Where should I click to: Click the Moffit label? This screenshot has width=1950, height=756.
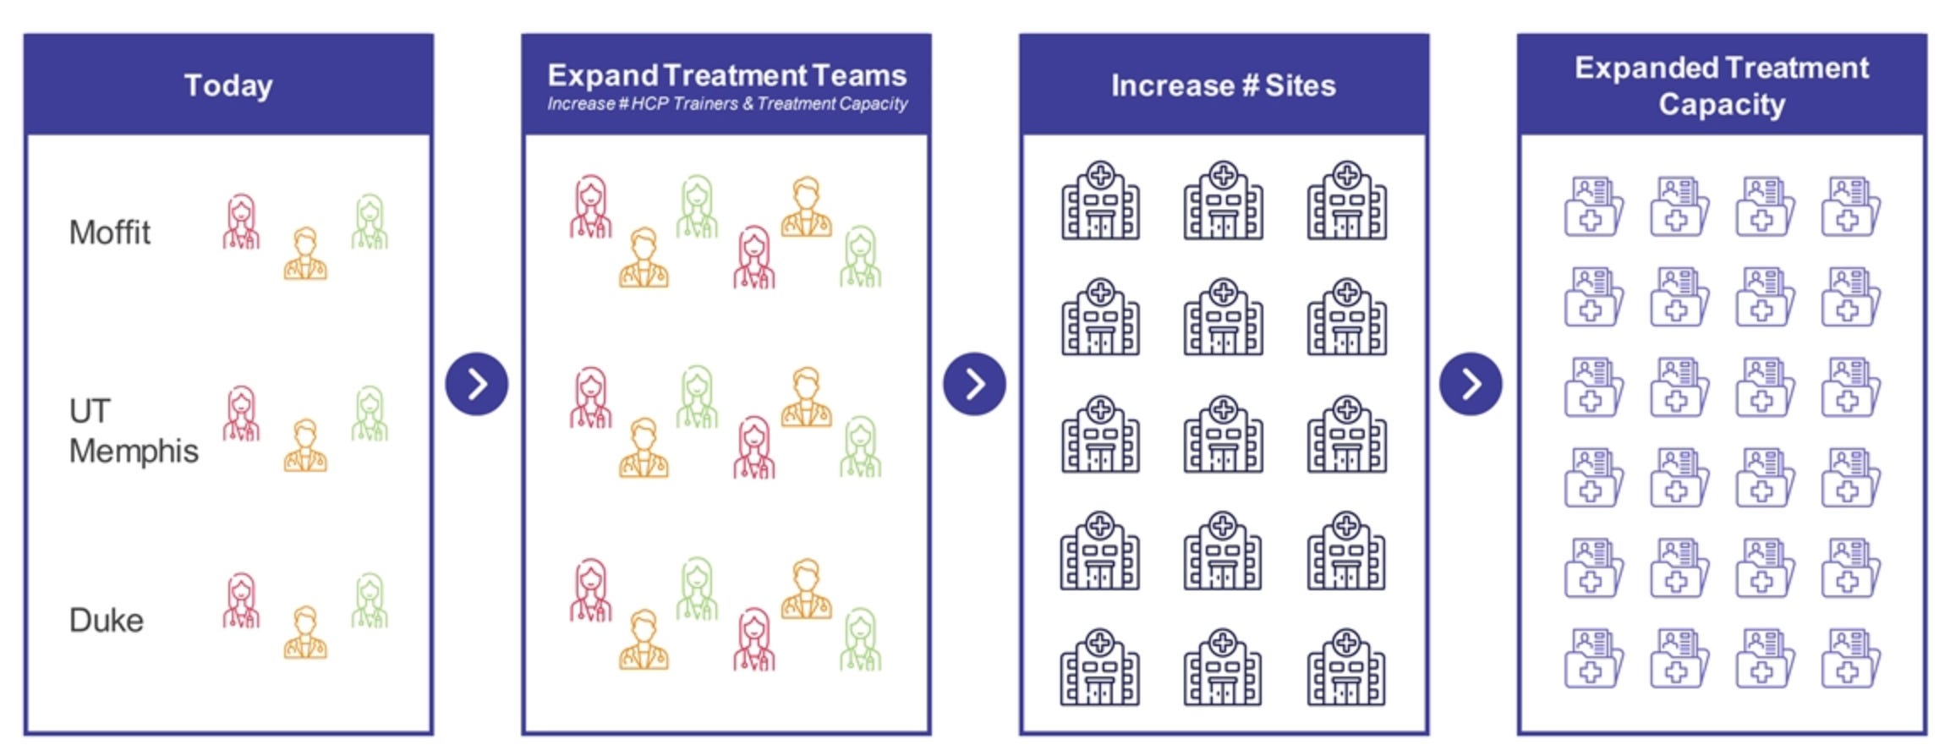coord(110,233)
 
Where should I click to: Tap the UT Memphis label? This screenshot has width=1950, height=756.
coord(133,431)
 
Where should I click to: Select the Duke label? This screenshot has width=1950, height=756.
coord(107,621)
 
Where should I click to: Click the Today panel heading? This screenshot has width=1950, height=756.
coord(228,85)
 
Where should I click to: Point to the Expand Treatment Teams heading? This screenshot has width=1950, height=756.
coord(726,75)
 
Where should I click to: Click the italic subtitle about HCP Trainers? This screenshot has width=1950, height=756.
coord(726,104)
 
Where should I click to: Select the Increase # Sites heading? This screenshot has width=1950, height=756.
coord(1223,85)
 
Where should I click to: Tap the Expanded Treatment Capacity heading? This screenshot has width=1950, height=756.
coord(1721,85)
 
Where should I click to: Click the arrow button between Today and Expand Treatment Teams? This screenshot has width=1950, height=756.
coord(477,384)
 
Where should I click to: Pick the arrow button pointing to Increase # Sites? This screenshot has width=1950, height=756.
coord(974,384)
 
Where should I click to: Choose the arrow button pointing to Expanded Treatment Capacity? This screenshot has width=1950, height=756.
coord(1471,384)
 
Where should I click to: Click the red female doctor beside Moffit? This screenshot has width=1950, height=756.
coord(242,222)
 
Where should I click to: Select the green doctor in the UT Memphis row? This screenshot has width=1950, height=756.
coord(370,414)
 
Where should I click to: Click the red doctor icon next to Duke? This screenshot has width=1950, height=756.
coord(242,601)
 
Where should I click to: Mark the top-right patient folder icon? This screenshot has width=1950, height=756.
coord(1849,206)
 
